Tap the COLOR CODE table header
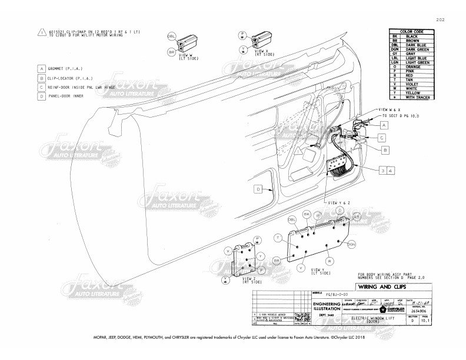[411, 31]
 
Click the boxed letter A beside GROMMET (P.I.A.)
[42, 68]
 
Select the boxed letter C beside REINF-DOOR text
[42, 86]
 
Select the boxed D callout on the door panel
[258, 189]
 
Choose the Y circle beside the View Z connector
[259, 257]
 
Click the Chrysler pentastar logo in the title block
[383, 308]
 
